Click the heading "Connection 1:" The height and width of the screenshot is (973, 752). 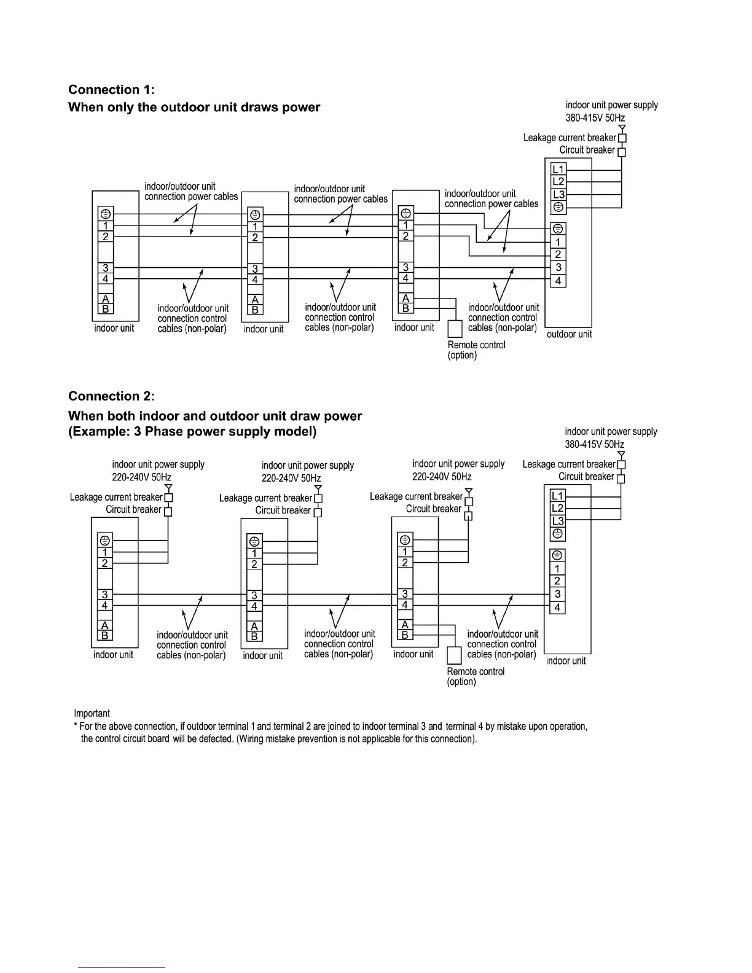[112, 90]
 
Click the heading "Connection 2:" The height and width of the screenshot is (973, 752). [112, 396]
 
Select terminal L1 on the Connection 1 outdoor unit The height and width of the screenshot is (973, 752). [558, 169]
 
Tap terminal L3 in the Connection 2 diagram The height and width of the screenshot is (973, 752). [557, 522]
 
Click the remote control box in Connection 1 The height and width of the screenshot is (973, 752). [455, 329]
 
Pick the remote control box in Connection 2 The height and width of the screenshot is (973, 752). [454, 655]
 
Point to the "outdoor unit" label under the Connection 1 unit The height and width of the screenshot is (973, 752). [569, 334]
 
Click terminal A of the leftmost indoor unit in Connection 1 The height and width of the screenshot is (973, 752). [106, 299]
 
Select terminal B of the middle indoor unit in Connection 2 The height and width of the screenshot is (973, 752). [255, 636]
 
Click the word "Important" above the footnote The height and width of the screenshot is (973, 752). [92, 713]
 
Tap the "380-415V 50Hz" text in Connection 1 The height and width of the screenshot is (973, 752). [595, 118]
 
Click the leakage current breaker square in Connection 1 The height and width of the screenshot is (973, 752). [622, 138]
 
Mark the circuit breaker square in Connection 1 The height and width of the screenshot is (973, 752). [622, 151]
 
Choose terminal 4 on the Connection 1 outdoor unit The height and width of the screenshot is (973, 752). [558, 281]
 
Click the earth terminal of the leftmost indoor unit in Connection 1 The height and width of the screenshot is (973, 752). [106, 214]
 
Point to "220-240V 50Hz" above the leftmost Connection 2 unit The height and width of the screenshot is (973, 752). [141, 477]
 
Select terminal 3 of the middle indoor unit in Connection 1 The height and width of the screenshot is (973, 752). [255, 269]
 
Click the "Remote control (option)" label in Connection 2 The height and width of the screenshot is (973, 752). [476, 676]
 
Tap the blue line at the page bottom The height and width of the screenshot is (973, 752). [122, 967]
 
